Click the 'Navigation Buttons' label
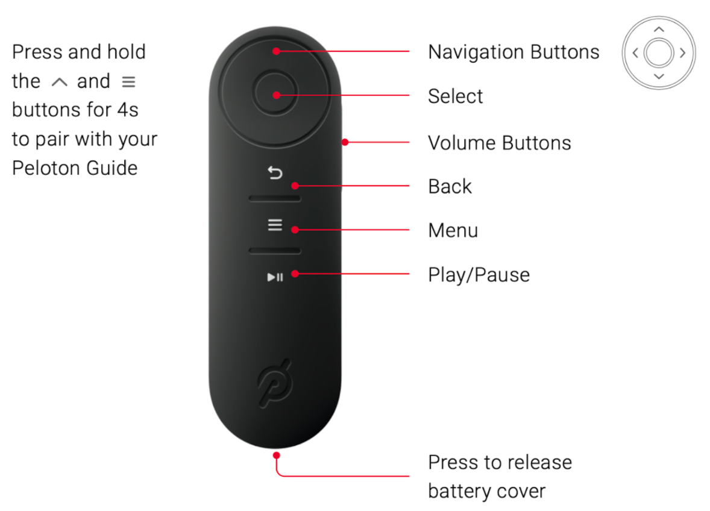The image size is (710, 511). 514,52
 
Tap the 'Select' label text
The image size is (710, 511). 455,96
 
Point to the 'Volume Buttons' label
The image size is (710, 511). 499,143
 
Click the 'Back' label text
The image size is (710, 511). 450,187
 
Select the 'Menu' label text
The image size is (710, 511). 453,231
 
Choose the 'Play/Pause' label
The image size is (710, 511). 479,275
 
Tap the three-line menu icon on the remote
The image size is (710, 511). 275,225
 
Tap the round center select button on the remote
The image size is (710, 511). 275,95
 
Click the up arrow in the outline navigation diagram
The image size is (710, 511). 659,30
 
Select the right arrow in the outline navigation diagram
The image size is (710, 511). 682,53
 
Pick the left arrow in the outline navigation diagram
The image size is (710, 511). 635,53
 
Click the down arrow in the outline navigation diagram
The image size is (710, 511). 659,77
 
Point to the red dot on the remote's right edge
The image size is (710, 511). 345,143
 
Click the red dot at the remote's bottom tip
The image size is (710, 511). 276,455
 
